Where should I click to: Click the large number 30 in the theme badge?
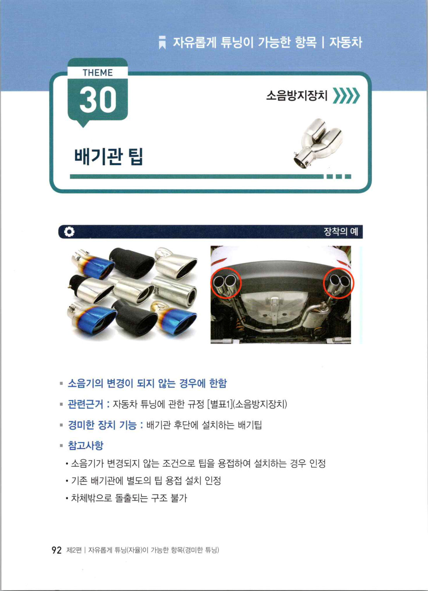[98, 100]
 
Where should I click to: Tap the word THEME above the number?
[98, 72]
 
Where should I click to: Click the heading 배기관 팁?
[108, 157]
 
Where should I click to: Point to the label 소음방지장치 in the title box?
[297, 95]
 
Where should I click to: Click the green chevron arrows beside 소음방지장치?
[346, 95]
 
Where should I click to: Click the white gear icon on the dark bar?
[69, 232]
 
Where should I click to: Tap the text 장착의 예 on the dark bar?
[341, 232]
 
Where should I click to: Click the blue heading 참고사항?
[86, 445]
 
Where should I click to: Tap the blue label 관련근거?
[86, 404]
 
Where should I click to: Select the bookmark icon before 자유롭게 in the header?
[162, 43]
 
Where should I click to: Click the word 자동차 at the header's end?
[346, 42]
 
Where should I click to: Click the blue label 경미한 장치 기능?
[103, 425]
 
